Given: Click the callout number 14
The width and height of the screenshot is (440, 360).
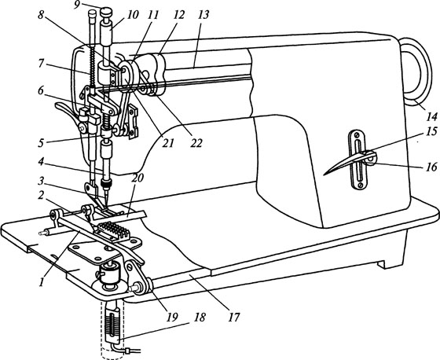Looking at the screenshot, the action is point(432,116).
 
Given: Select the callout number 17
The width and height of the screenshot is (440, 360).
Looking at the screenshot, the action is point(234,318).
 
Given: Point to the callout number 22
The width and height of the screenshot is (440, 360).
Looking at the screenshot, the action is point(196,143).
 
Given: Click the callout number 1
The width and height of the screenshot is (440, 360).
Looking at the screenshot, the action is point(42,281).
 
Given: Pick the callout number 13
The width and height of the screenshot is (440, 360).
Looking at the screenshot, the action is point(203,15).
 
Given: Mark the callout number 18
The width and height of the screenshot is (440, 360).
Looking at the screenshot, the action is point(200,317).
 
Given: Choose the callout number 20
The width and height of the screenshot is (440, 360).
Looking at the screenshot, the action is point(137,178).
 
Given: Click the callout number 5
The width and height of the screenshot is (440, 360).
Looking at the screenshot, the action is point(42,142).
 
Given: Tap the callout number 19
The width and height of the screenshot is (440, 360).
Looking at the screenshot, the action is point(172,317).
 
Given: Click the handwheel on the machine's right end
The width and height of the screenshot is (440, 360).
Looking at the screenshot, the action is point(416,72).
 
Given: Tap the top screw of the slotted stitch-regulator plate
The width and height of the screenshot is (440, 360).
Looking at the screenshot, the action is point(357,135).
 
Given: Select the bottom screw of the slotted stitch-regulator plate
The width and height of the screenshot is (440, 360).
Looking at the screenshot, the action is point(361,185).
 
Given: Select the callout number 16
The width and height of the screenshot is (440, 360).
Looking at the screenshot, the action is point(432,167).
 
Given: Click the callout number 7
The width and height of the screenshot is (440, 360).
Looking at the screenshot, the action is point(42,64).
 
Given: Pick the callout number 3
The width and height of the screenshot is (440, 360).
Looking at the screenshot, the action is point(41,181).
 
